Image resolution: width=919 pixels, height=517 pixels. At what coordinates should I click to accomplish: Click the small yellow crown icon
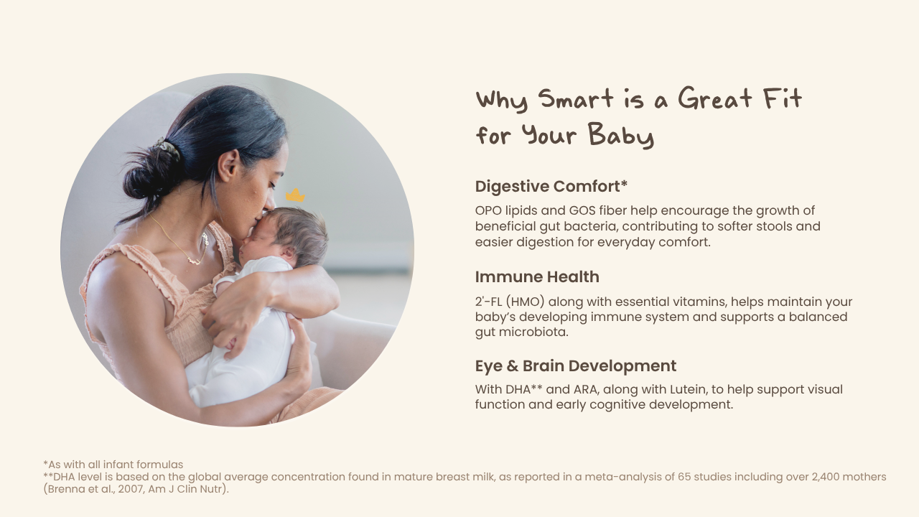point(295,195)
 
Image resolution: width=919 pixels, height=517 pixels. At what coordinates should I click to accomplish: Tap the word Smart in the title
point(576,99)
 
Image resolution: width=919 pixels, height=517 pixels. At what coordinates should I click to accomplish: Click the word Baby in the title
point(620,135)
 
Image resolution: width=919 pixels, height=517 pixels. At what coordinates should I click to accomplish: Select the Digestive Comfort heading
point(551,186)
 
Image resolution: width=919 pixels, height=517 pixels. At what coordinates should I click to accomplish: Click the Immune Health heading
point(537,277)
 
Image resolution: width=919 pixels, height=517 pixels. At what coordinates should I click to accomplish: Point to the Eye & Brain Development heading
point(576,366)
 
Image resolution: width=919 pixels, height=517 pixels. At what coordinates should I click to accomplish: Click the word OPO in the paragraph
point(488,210)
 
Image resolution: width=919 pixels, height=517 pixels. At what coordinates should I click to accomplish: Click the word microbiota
point(533,332)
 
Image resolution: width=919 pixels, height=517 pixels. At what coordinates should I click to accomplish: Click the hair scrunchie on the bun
point(167,148)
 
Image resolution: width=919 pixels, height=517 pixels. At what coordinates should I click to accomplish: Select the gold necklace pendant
point(195,260)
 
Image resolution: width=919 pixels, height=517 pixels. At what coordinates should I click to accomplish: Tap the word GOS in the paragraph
point(582,210)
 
